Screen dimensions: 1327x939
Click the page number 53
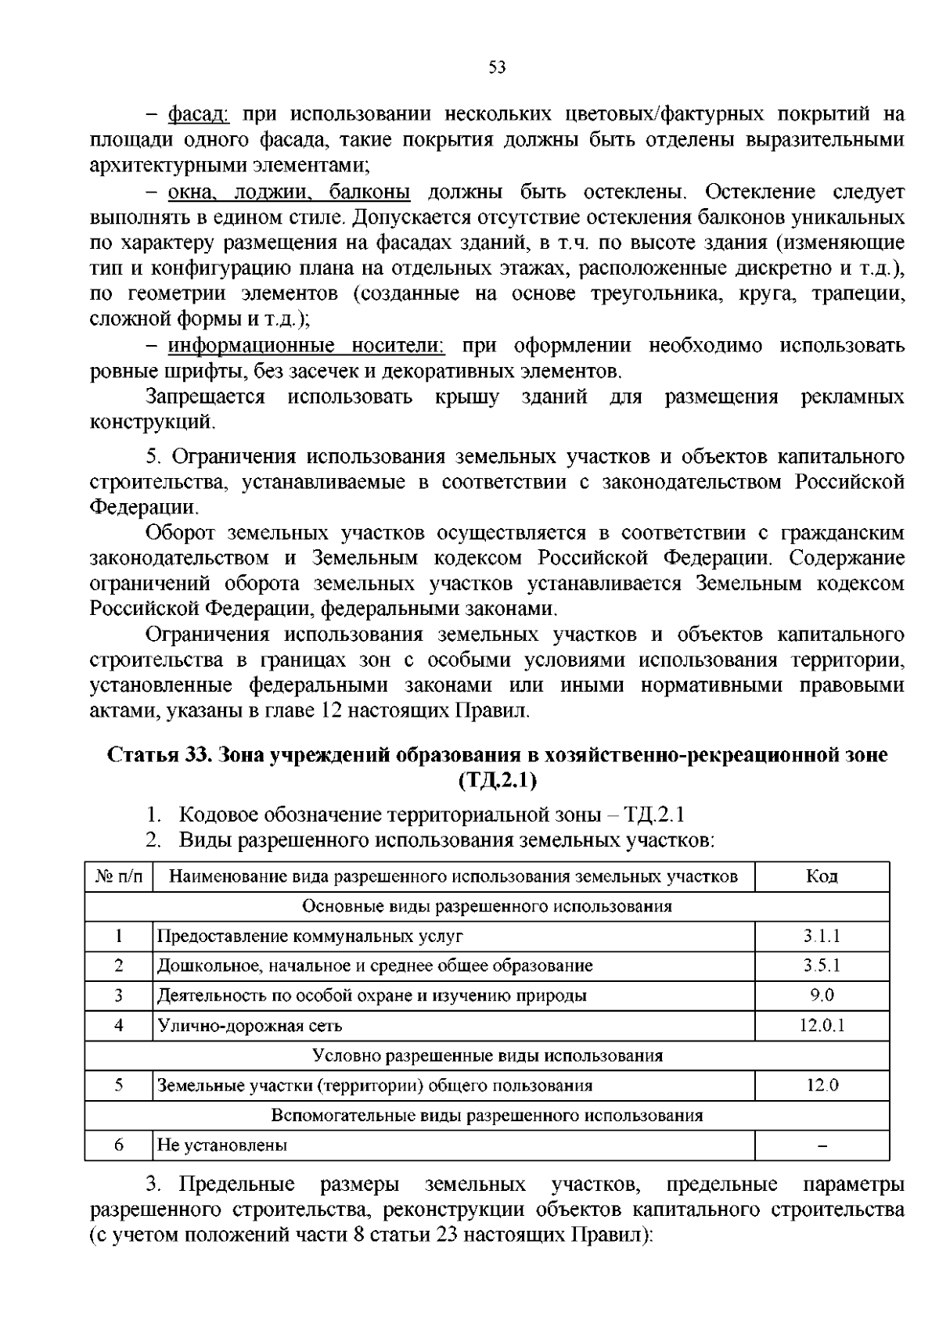pyautogui.click(x=497, y=68)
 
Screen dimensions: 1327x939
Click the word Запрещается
pyautogui.click(x=206, y=397)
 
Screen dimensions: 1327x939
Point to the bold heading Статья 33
pyautogui.click(x=160, y=756)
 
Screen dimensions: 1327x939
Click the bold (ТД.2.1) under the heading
pyautogui.click(x=498, y=780)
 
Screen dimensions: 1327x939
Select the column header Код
pyautogui.click(x=822, y=876)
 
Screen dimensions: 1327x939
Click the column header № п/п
pyautogui.click(x=119, y=876)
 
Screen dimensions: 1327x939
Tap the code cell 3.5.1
pyautogui.click(x=822, y=966)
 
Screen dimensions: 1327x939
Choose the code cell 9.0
pyautogui.click(x=822, y=996)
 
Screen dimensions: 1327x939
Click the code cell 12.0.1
pyautogui.click(x=822, y=1026)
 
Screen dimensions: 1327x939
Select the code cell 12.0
pyautogui.click(x=822, y=1086)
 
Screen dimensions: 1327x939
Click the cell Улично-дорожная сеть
pyautogui.click(x=250, y=1026)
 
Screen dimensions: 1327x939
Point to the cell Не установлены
pyautogui.click(x=222, y=1146)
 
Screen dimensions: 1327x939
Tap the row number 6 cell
pyautogui.click(x=119, y=1146)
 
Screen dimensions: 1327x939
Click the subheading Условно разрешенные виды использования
pyautogui.click(x=487, y=1056)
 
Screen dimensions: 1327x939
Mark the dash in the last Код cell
pyautogui.click(x=822, y=1147)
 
